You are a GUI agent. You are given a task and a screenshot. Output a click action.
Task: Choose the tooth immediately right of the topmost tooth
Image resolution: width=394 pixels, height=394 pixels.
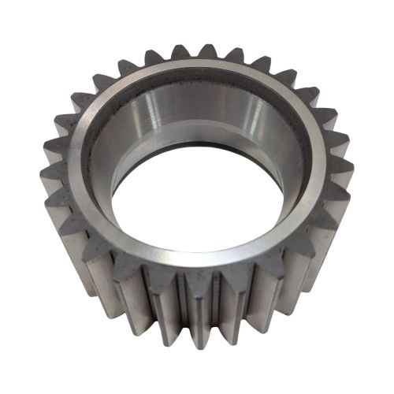(x=236, y=57)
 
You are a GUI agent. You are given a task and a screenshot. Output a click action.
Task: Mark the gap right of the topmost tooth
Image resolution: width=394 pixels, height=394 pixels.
(x=223, y=61)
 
